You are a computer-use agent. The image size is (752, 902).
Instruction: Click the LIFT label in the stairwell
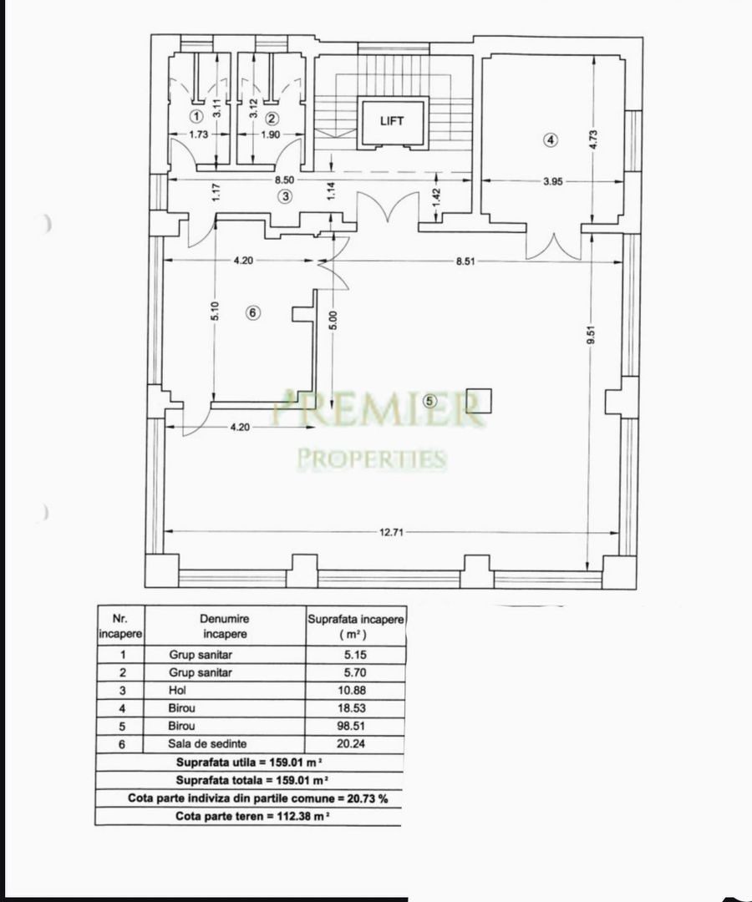point(391,121)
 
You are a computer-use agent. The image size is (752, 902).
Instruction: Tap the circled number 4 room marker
point(550,140)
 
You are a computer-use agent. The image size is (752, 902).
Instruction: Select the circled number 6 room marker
point(254,312)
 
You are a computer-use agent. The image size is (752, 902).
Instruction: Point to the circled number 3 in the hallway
point(286,196)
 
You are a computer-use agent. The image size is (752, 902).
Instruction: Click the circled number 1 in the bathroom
point(196,116)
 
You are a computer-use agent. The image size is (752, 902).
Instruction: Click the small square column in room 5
point(479,401)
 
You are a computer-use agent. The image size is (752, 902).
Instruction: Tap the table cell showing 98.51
point(355,725)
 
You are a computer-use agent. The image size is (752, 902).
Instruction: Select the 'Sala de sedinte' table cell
point(207,743)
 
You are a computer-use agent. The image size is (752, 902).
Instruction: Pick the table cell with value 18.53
point(355,707)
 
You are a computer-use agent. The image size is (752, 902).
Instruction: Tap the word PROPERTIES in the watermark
point(372,459)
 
